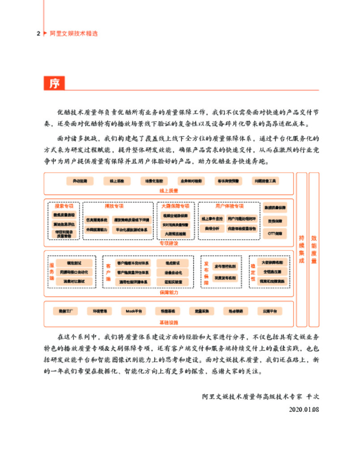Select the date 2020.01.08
point(304,409)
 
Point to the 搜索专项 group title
point(64,206)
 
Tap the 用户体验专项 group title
point(229,206)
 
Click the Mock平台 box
point(133,310)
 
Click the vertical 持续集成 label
point(302,250)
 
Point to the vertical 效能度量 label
point(314,250)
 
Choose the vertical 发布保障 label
point(206,271)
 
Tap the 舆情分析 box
point(212,228)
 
